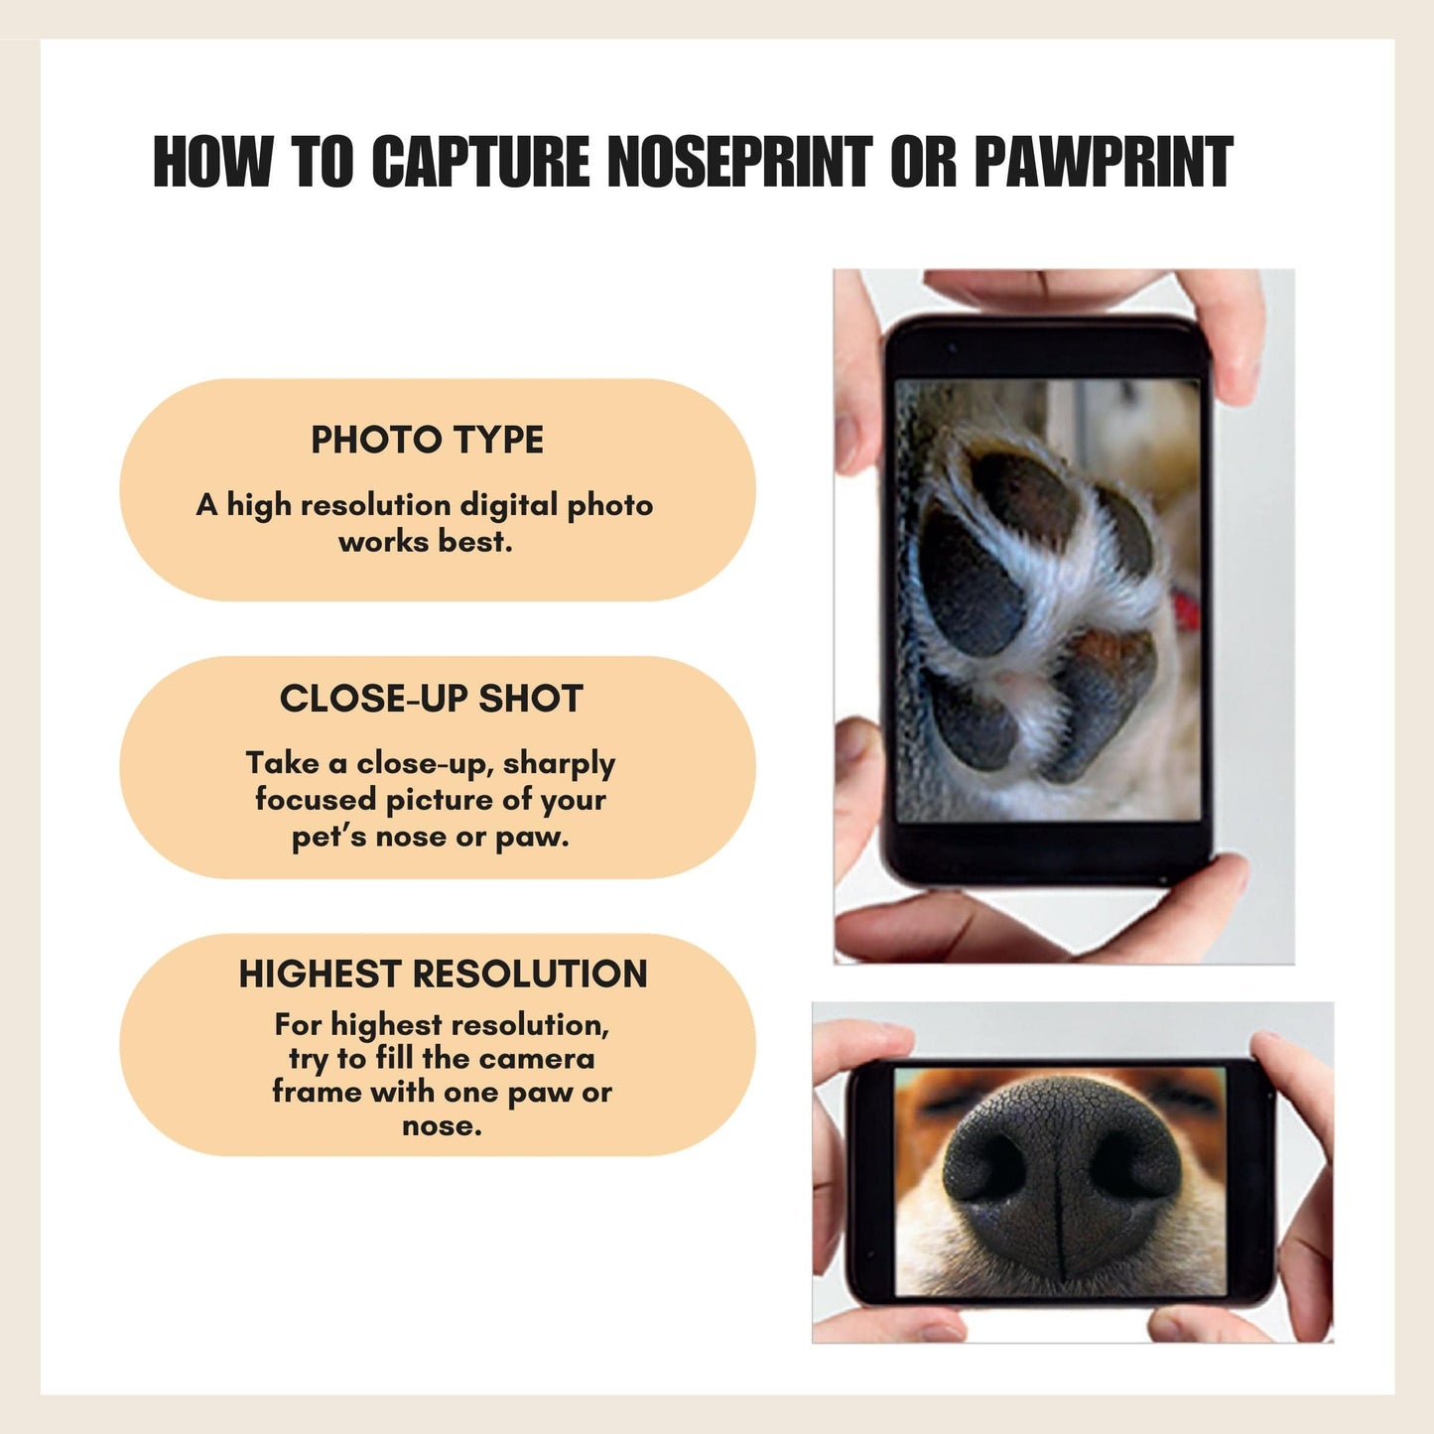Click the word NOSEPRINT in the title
[739, 161]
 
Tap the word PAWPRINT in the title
[1104, 161]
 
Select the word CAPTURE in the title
[480, 161]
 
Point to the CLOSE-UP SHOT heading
[431, 698]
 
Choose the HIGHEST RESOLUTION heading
[443, 974]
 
